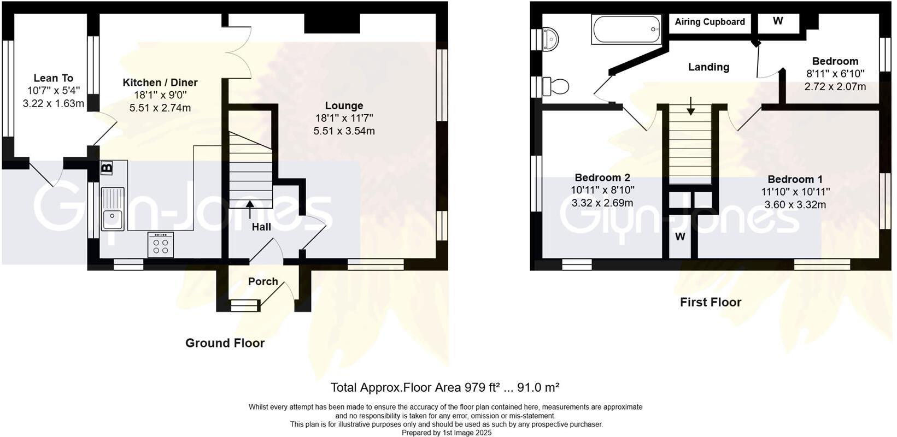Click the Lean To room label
[x=53, y=78]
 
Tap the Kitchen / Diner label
[x=160, y=82]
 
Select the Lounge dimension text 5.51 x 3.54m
[x=344, y=131]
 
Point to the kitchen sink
[x=113, y=209]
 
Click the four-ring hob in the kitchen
[x=161, y=245]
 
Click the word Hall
[x=261, y=227]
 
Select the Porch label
[x=263, y=281]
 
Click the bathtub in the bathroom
[x=626, y=29]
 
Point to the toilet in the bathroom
[x=557, y=86]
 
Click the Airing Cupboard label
[x=710, y=22]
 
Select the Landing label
[x=708, y=67]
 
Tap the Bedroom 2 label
[x=602, y=178]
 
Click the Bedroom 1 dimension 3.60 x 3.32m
[x=795, y=205]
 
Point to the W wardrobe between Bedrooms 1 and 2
[x=680, y=237]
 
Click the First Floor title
[x=710, y=302]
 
